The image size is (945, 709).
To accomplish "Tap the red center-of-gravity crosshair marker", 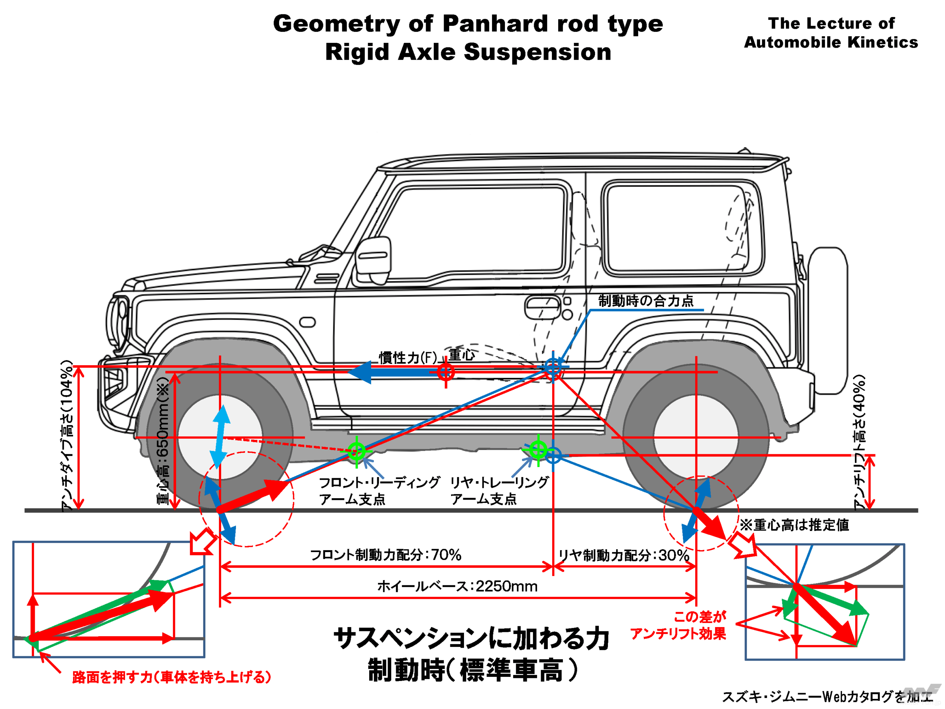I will click(446, 372).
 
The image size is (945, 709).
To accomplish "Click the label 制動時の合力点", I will click(646, 301).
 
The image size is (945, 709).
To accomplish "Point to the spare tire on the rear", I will click(828, 321).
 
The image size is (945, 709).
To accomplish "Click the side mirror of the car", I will click(373, 256).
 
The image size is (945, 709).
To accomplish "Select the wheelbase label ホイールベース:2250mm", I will click(457, 586).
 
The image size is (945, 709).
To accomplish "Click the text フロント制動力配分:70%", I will click(385, 555).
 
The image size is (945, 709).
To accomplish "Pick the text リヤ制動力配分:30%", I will click(624, 555).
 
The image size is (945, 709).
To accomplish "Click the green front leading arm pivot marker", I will click(356, 450).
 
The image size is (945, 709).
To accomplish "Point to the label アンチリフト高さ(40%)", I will click(859, 442).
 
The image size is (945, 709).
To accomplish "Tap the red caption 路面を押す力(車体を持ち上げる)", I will click(172, 677).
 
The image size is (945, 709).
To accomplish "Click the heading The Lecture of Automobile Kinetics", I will click(831, 32).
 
